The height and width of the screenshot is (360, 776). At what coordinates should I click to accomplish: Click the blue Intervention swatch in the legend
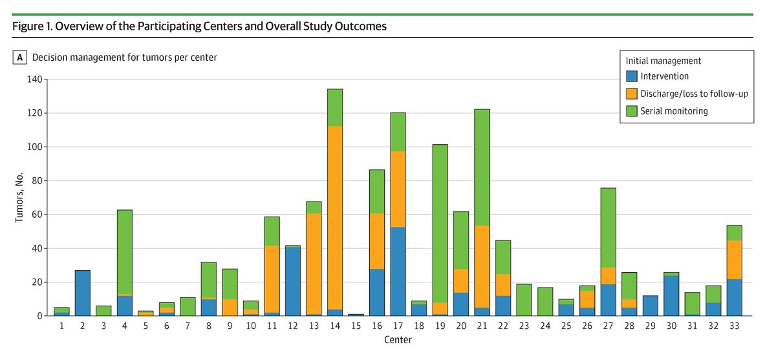coord(632,76)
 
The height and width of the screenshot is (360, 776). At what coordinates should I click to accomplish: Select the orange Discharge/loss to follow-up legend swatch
coord(632,94)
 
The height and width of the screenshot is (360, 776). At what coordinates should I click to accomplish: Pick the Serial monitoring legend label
coord(674,111)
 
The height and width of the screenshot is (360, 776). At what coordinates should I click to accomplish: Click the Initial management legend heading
coord(663,61)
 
